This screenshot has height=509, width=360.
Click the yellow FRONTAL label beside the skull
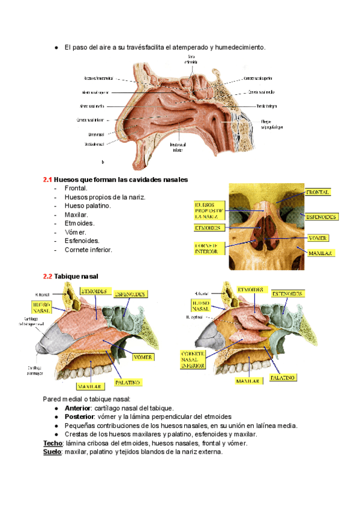318,192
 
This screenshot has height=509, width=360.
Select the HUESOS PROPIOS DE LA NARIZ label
209,212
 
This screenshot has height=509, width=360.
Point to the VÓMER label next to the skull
317,238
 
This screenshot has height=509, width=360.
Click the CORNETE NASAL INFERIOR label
194,360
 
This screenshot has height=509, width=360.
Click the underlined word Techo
53,443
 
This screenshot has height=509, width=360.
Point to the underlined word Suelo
53,452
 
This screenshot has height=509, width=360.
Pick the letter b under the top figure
103,162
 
